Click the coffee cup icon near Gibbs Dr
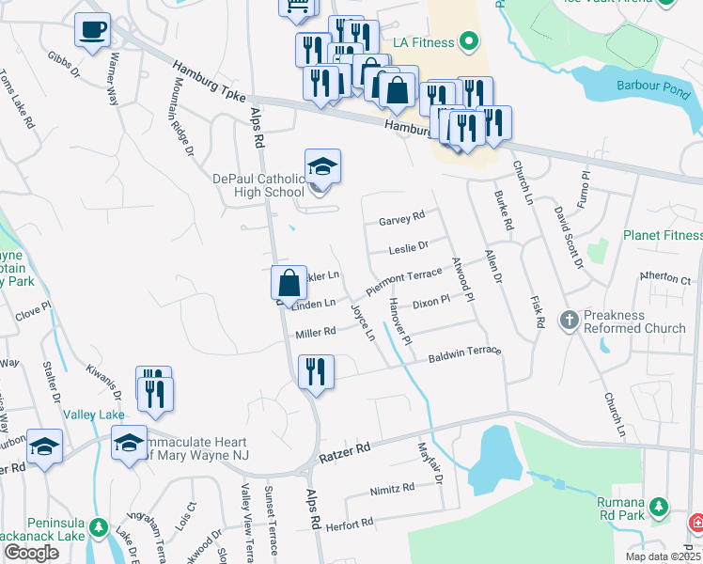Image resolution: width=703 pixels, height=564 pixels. (x=92, y=30)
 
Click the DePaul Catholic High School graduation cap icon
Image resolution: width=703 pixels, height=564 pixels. (x=322, y=167)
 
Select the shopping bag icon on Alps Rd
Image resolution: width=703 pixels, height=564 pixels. (x=289, y=282)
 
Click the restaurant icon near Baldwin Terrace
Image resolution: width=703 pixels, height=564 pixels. (x=316, y=371)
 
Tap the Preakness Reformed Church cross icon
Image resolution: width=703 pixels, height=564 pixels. (x=568, y=321)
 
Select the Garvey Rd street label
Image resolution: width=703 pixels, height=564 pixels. (x=401, y=220)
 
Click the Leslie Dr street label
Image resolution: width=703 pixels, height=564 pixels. (x=409, y=248)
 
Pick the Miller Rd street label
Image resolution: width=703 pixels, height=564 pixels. (x=316, y=333)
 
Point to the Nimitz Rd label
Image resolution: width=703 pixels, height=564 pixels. (x=393, y=489)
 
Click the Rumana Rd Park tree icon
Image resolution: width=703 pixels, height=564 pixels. (x=661, y=508)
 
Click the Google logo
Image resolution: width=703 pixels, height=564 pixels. (x=32, y=551)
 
